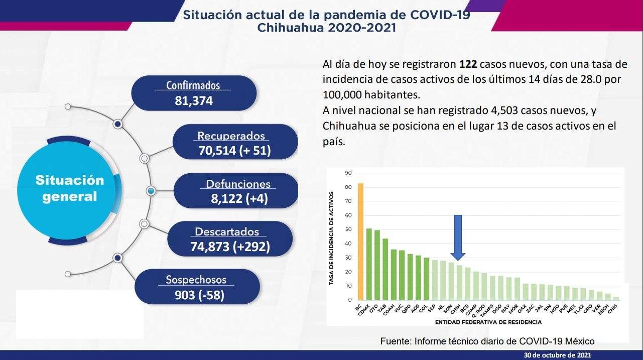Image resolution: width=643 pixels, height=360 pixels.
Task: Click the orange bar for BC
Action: [360, 242]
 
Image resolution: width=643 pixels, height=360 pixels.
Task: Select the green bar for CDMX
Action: [369, 264]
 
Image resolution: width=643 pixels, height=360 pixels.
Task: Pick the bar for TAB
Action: [385, 269]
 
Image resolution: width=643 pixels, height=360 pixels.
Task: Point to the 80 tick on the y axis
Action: [348, 187]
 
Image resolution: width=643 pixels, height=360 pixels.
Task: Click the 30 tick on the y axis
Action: [348, 258]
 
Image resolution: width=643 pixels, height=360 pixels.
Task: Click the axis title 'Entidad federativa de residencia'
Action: [488, 321]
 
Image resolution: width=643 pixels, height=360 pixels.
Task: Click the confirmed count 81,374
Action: [194, 100]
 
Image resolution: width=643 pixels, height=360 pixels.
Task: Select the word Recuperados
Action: [231, 136]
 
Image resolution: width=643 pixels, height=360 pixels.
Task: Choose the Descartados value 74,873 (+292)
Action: [230, 247]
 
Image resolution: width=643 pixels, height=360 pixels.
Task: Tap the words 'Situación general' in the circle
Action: [69, 188]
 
